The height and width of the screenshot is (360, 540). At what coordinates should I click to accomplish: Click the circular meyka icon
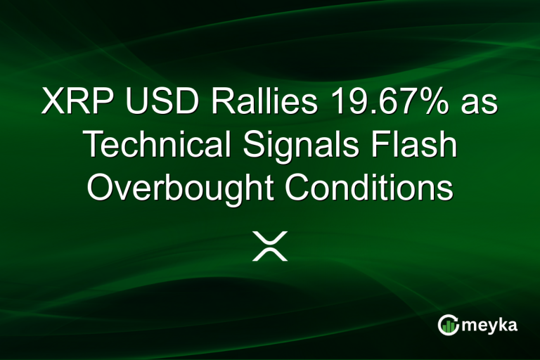tap(448, 324)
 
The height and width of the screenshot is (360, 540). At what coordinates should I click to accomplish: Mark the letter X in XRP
tap(53, 103)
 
